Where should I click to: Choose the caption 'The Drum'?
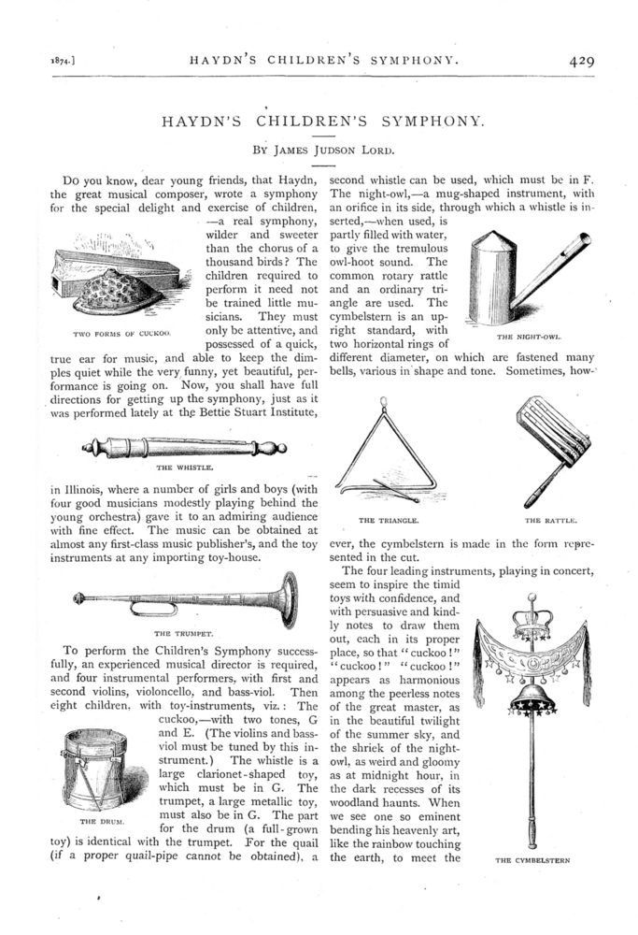pos(95,820)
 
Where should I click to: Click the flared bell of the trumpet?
pos(288,599)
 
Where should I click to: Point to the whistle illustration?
pos(183,446)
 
